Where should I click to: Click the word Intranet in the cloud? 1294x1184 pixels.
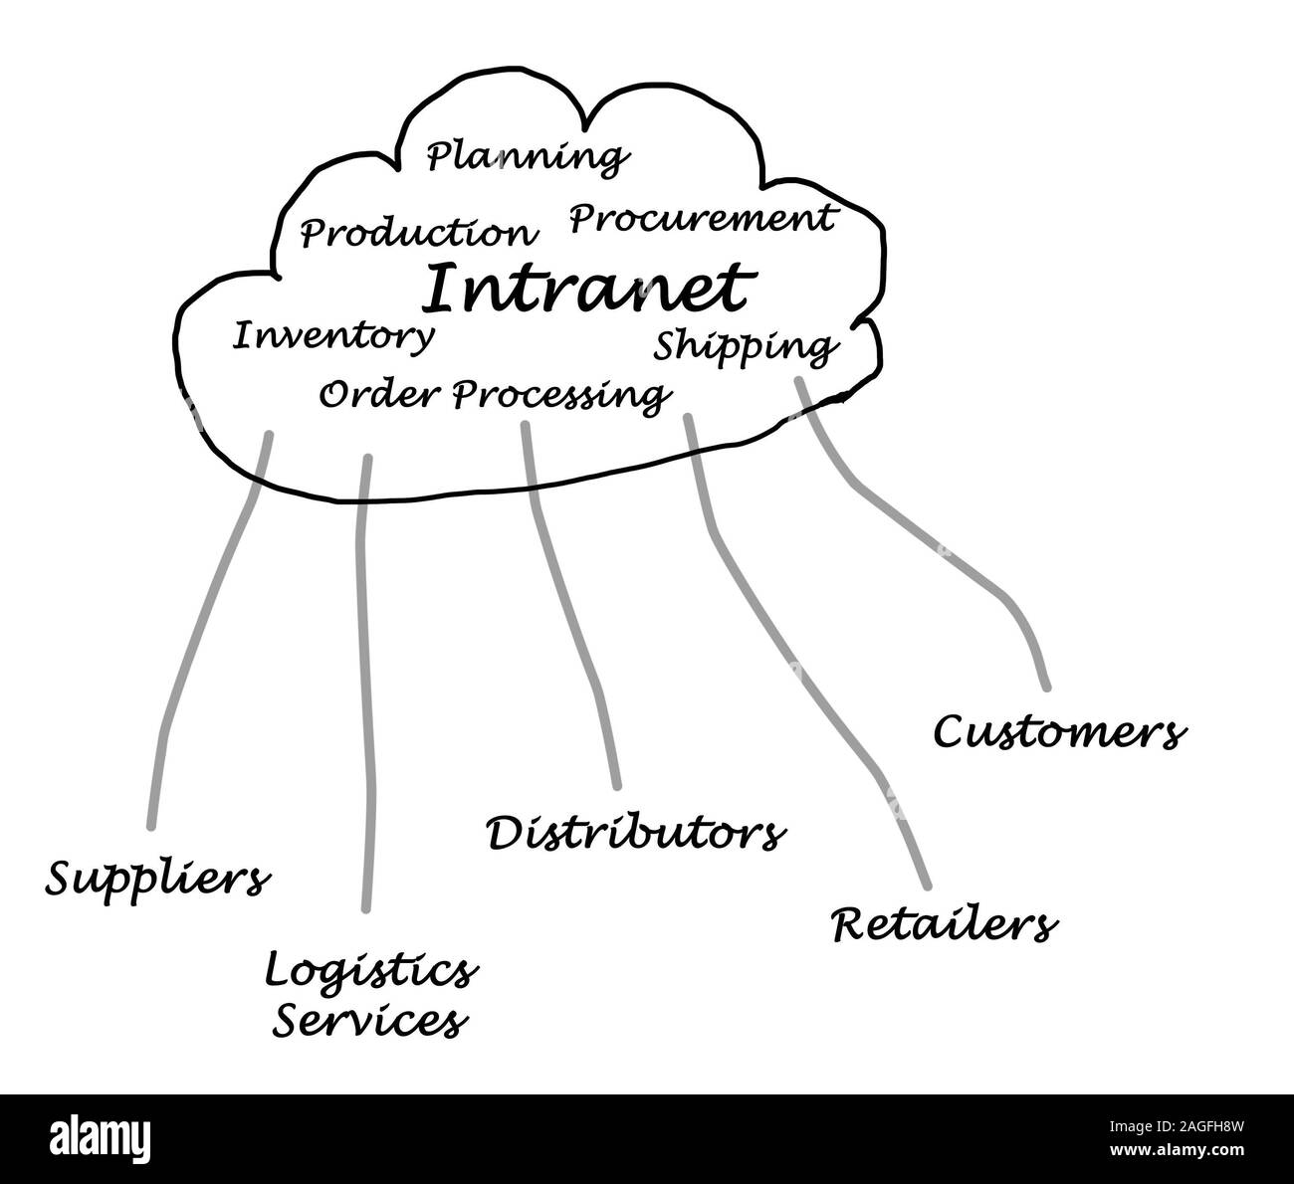click(x=584, y=289)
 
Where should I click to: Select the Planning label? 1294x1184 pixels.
click(x=528, y=157)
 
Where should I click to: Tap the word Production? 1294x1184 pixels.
click(x=418, y=234)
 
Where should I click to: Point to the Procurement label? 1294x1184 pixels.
click(x=701, y=218)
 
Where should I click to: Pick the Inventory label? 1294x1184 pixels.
click(x=333, y=336)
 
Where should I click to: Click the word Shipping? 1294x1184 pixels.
click(x=745, y=346)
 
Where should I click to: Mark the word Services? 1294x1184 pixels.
click(x=370, y=1021)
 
